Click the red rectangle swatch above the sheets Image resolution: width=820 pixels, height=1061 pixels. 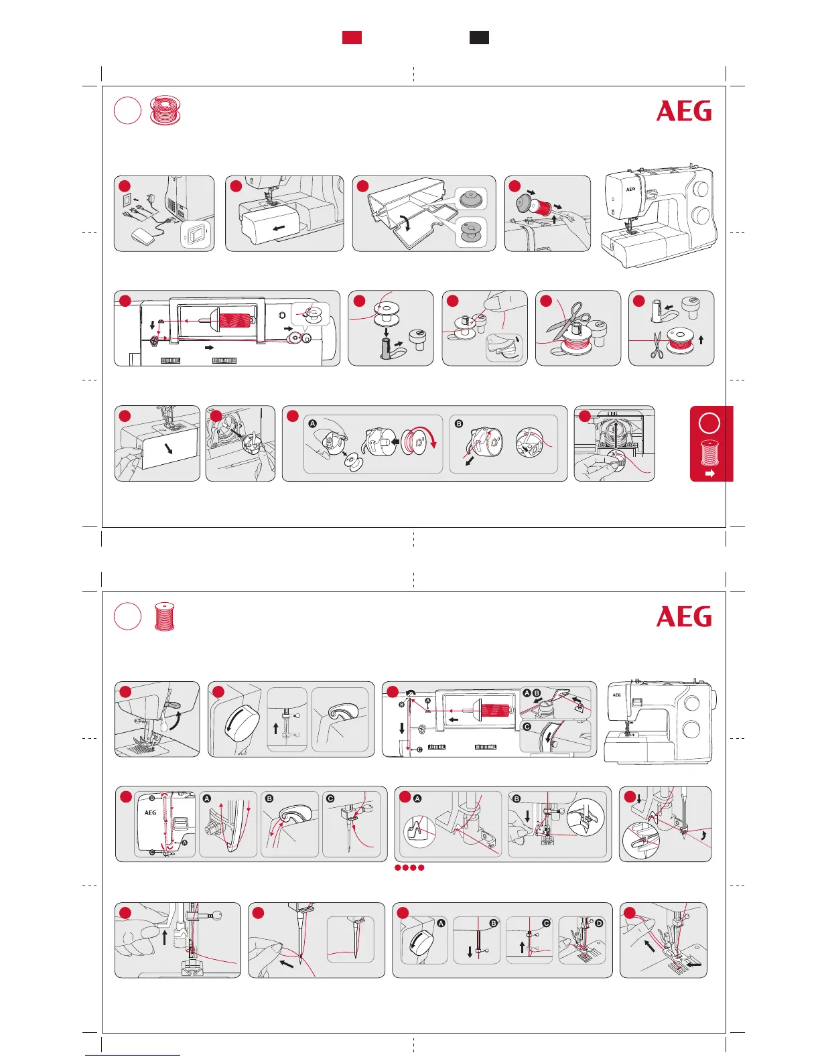352,38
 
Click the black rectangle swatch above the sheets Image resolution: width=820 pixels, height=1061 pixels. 478,38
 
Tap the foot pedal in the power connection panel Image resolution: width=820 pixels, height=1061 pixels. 143,234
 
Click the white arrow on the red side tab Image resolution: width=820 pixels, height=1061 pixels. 710,473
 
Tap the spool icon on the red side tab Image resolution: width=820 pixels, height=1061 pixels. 709,453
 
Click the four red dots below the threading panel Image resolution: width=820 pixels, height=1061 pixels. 409,867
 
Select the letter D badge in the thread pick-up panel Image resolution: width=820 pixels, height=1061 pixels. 599,923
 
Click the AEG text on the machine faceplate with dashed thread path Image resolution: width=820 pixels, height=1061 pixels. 150,812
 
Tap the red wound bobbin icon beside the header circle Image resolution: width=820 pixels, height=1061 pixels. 165,111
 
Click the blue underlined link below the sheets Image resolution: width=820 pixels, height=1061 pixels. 133,1056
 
